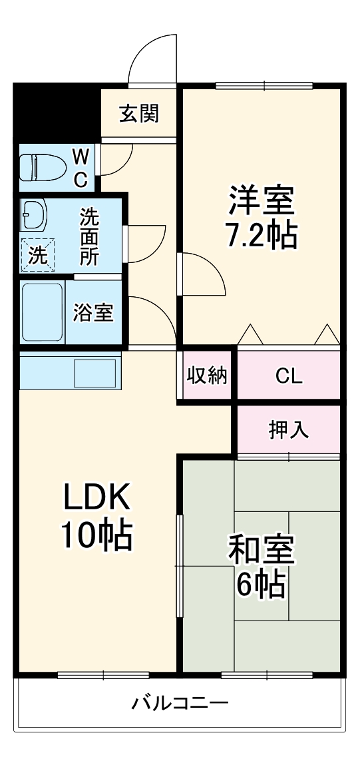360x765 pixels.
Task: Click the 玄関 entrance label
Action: (139, 114)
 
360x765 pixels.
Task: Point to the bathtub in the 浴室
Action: (42, 312)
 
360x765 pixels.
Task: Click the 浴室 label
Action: (93, 312)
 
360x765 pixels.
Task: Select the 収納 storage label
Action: (206, 376)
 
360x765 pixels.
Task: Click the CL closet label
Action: (289, 376)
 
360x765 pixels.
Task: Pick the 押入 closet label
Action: (288, 430)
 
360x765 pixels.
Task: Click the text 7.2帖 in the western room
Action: (260, 234)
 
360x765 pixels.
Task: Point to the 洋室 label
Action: (261, 200)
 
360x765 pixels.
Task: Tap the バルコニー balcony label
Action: (180, 702)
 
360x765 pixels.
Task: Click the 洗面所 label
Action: (89, 236)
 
